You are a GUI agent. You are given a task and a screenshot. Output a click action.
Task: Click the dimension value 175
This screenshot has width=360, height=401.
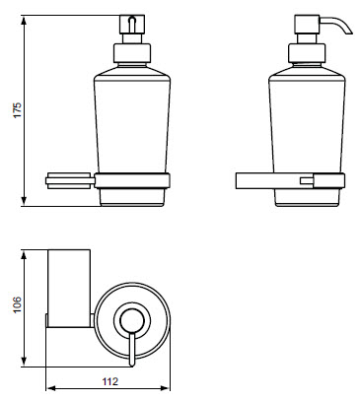[17, 110]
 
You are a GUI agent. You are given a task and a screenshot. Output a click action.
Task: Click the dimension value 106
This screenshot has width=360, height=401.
[17, 304]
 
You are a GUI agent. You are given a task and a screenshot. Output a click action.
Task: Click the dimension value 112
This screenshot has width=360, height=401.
[109, 381]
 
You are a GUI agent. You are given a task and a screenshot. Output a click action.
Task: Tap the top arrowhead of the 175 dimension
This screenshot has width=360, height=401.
[24, 21]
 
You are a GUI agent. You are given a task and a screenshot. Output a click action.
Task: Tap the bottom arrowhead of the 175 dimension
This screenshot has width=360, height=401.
[24, 201]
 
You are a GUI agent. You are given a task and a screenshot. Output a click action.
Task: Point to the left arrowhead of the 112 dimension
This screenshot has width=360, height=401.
[50, 388]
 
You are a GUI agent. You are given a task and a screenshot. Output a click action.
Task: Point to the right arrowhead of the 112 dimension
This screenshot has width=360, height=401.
[165, 388]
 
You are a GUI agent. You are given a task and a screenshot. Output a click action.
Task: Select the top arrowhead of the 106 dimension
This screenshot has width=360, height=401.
[24, 255]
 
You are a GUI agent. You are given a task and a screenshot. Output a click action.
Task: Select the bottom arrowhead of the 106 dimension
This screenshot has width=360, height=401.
[24, 362]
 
